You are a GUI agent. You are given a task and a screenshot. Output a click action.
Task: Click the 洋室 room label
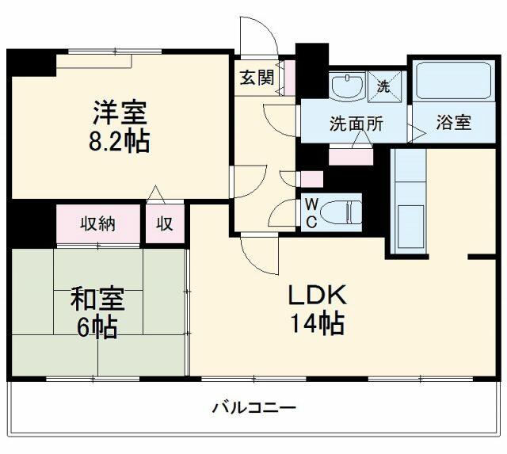(120, 113)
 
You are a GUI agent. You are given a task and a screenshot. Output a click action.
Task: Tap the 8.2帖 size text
(120, 141)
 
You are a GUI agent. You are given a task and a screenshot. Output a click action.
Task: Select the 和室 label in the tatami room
(97, 299)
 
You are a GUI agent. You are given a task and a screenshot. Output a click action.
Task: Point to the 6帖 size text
(97, 327)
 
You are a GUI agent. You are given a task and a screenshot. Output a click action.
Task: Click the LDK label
(317, 295)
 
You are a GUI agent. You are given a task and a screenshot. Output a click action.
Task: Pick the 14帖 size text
(317, 323)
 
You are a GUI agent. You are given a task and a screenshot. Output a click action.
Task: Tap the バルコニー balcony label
(253, 408)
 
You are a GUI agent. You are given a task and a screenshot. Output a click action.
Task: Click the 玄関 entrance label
(257, 78)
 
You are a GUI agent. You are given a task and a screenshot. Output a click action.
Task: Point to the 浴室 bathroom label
(453, 123)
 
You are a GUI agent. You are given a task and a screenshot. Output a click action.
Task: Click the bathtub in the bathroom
(454, 80)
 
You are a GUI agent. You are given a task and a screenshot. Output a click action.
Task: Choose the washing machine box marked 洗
(383, 86)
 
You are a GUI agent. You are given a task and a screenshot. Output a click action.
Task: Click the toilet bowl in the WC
(341, 212)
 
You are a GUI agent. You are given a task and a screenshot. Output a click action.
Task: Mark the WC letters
(311, 213)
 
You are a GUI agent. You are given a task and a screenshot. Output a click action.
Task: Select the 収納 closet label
(98, 223)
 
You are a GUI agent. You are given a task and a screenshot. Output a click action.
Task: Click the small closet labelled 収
(165, 223)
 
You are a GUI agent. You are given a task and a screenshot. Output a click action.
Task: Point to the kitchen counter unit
(408, 201)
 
